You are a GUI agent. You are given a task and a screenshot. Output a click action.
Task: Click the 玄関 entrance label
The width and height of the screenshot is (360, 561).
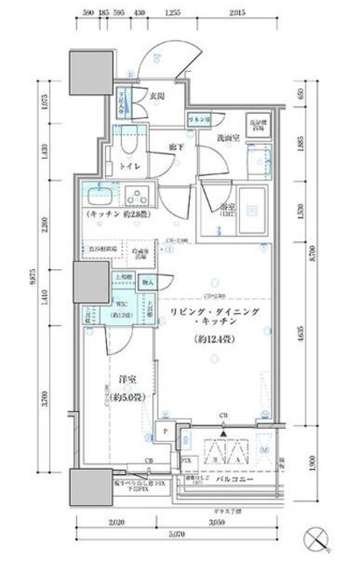pyautogui.click(x=157, y=97)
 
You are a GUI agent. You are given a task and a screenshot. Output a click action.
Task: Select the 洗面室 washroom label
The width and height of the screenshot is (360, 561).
pyautogui.click(x=229, y=138)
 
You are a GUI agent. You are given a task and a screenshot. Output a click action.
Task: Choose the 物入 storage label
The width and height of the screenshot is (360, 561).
pyautogui.click(x=146, y=282)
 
